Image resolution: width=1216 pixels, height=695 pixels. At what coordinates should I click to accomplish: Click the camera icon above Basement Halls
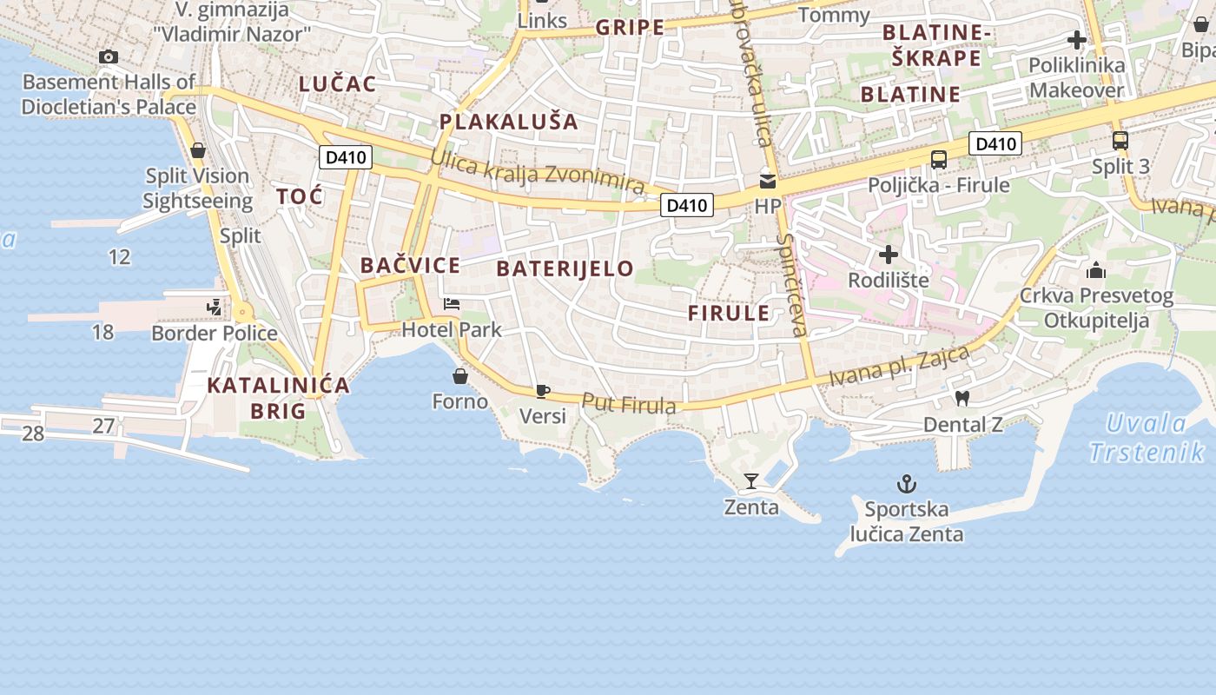pyautogui.click(x=109, y=57)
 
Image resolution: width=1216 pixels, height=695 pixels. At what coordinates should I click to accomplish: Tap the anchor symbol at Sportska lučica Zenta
pyautogui.click(x=907, y=484)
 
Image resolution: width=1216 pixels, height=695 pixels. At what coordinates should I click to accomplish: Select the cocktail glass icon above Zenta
pyautogui.click(x=751, y=480)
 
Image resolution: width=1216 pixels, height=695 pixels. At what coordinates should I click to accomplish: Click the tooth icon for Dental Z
pyautogui.click(x=962, y=398)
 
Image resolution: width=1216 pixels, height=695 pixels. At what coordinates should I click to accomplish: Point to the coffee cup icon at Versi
pyautogui.click(x=543, y=391)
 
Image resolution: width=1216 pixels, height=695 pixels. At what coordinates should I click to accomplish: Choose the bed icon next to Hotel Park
pyautogui.click(x=452, y=304)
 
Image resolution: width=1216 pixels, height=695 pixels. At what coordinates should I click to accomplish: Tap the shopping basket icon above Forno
pyautogui.click(x=460, y=376)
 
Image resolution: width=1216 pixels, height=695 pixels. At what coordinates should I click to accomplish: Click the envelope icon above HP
pyautogui.click(x=768, y=182)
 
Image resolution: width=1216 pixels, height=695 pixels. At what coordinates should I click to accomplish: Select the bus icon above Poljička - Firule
pyautogui.click(x=939, y=160)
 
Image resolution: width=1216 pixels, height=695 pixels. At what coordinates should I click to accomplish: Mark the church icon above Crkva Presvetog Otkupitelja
pyautogui.click(x=1096, y=270)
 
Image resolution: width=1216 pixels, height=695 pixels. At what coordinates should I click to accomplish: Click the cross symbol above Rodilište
pyautogui.click(x=889, y=255)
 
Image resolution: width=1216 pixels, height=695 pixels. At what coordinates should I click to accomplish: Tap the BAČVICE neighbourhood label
pyautogui.click(x=410, y=266)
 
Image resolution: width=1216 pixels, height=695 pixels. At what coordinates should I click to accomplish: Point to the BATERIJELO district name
pyautogui.click(x=565, y=268)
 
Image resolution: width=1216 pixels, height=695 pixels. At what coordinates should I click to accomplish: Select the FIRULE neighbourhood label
pyautogui.click(x=729, y=314)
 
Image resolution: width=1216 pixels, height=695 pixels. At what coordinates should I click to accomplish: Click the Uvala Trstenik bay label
pyautogui.click(x=1147, y=438)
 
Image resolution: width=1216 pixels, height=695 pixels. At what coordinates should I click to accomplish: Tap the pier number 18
pyautogui.click(x=102, y=332)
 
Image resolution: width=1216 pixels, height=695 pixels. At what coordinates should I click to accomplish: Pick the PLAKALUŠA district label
pyautogui.click(x=509, y=122)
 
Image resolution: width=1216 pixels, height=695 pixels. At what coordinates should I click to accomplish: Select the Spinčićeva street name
pyautogui.click(x=792, y=284)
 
